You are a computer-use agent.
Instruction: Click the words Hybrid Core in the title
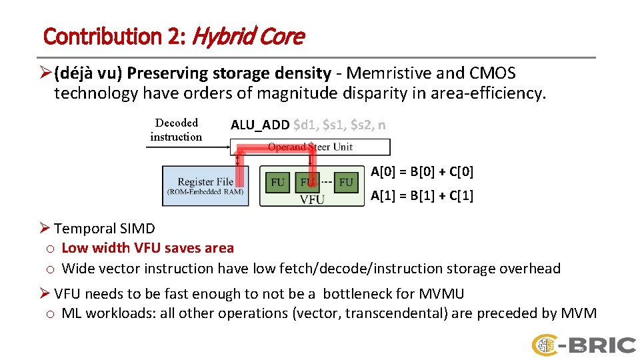(x=247, y=36)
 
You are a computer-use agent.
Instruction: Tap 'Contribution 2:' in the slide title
(x=114, y=36)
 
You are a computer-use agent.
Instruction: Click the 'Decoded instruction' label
(x=176, y=129)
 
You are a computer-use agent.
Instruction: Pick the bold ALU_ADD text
(x=259, y=125)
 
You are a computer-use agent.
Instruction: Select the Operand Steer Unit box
(x=310, y=147)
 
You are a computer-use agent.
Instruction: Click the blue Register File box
(x=205, y=185)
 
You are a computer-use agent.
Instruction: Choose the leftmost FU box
(x=277, y=181)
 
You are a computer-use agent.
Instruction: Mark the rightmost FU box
(x=346, y=181)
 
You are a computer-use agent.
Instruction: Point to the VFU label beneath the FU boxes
(x=311, y=199)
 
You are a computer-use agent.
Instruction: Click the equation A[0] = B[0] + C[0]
(x=421, y=171)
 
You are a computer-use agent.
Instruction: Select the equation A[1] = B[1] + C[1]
(x=421, y=195)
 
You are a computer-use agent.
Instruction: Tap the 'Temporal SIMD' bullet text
(x=105, y=229)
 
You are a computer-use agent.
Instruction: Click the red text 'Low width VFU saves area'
(x=147, y=248)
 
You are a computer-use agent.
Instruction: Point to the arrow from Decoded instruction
(x=187, y=147)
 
